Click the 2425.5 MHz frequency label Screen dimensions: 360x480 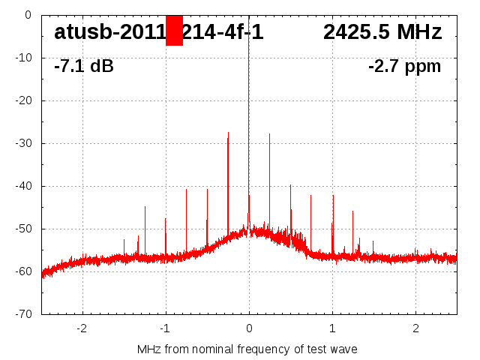point(382,32)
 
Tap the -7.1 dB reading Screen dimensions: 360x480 point(84,66)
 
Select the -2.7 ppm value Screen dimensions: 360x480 point(404,66)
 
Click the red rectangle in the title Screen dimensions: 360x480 point(174,31)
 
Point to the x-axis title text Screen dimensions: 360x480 point(247,349)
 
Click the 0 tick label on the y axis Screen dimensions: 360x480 point(27,15)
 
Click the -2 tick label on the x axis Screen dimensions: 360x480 point(82,328)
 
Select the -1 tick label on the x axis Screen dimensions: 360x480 point(165,328)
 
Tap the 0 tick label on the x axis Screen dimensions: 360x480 point(249,328)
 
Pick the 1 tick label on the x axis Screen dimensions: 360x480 point(332,328)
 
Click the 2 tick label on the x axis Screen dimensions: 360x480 point(415,328)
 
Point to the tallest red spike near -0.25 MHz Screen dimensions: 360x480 point(228,133)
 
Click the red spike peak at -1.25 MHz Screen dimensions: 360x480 point(145,207)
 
